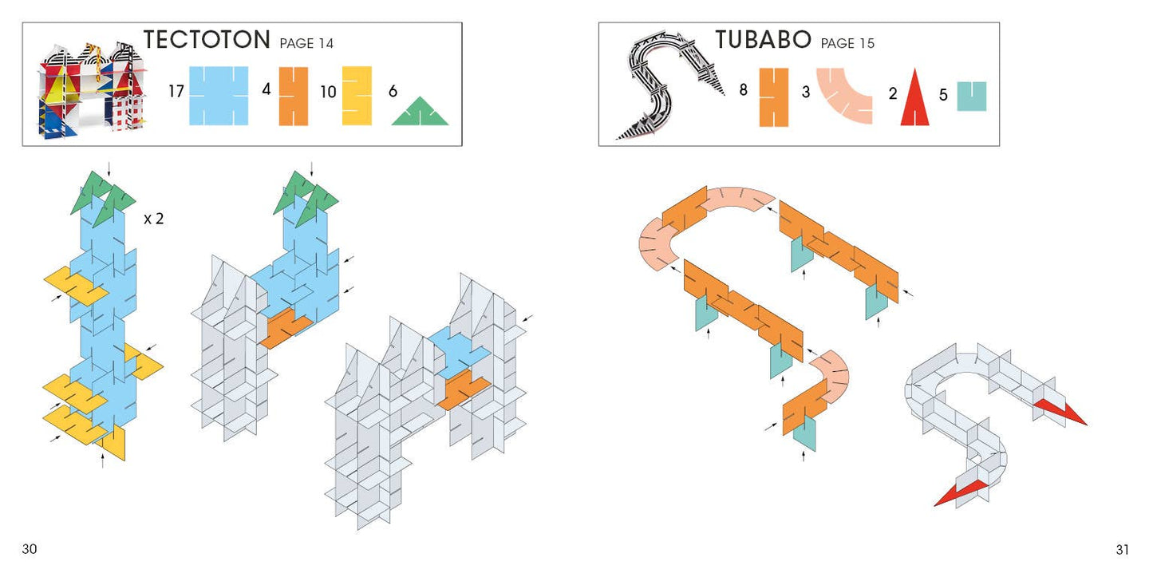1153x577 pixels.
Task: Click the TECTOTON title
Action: pos(207,40)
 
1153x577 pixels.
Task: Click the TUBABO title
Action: pos(763,40)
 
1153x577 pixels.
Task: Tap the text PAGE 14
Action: pos(306,43)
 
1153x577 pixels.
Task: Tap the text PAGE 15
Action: pos(847,43)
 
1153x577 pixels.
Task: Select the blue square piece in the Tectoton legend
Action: pos(219,96)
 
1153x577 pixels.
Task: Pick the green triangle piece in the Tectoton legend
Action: pos(420,111)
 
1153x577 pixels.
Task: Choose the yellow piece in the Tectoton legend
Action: pos(357,96)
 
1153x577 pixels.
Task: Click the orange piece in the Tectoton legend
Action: pos(294,97)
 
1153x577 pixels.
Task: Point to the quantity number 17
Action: pos(176,92)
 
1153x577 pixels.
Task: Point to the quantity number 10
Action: pos(328,92)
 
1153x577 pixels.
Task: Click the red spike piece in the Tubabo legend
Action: pos(914,97)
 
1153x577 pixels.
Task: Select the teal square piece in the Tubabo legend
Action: pos(972,97)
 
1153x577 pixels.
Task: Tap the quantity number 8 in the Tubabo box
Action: pos(744,90)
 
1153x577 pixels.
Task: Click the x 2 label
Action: pos(153,219)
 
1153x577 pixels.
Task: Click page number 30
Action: pos(30,549)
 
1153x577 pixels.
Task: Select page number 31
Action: pos(1123,550)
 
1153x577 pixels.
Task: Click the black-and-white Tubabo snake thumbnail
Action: pos(669,85)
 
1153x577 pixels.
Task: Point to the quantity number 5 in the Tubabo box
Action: pos(943,95)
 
